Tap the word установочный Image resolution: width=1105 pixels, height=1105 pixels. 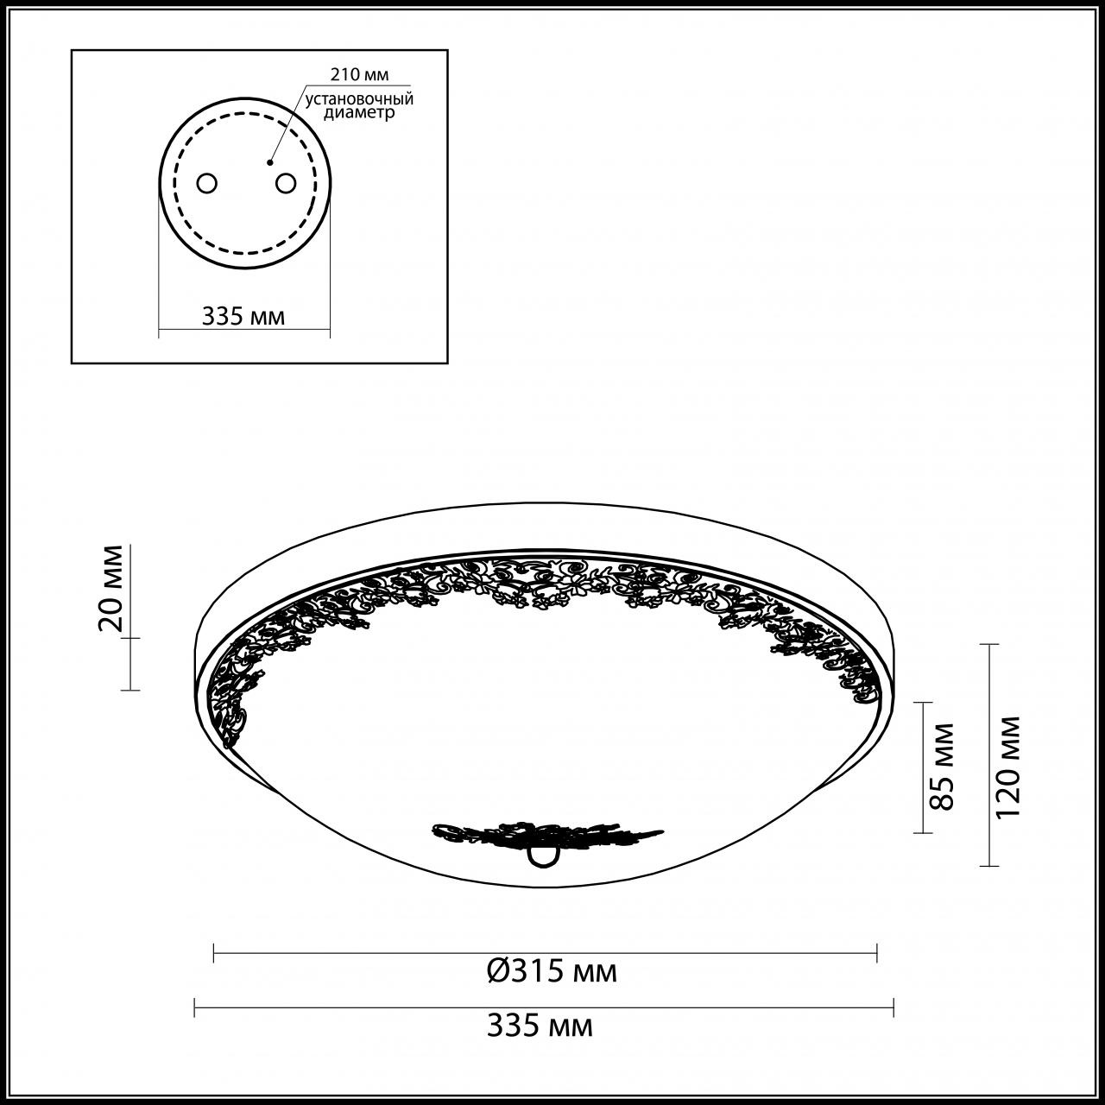pyautogui.click(x=359, y=99)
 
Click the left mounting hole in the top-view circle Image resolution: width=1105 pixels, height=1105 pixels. pyautogui.click(x=207, y=183)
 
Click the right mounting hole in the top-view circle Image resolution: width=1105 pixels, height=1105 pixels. pyautogui.click(x=285, y=183)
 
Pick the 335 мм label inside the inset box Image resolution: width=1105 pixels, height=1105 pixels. pyautogui.click(x=243, y=316)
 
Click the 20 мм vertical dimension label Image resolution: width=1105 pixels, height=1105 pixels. pyautogui.click(x=112, y=589)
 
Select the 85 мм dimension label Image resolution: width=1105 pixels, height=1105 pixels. pyautogui.click(x=944, y=767)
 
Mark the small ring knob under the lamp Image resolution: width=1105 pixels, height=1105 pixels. pyautogui.click(x=542, y=855)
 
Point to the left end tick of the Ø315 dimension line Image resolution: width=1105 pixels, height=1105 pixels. pyautogui.click(x=213, y=953)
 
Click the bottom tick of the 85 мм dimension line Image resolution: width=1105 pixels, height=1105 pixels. pyautogui.click(x=923, y=833)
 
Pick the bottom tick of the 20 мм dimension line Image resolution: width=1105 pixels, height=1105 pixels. pyautogui.click(x=129, y=689)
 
